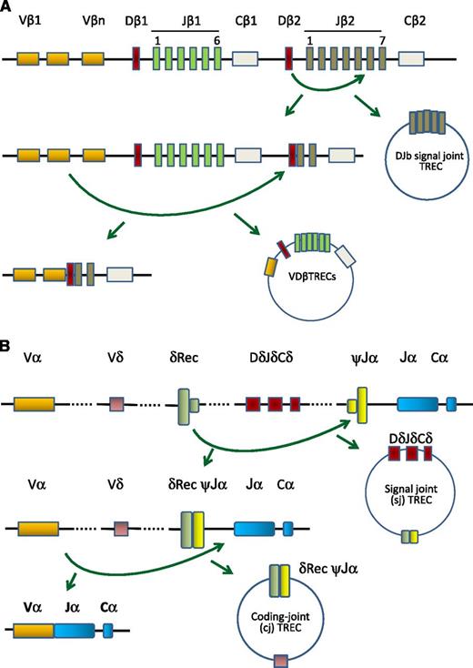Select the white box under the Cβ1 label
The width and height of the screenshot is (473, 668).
pyautogui.click(x=246, y=59)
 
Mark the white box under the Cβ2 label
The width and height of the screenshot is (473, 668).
pyautogui.click(x=411, y=59)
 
